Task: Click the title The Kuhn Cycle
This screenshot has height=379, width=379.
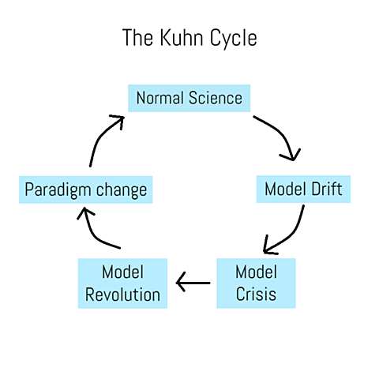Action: tap(189, 38)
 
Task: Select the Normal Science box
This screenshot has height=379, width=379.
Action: tap(189, 98)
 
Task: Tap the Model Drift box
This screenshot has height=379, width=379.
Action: tap(303, 189)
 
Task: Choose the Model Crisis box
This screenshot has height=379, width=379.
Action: tap(257, 283)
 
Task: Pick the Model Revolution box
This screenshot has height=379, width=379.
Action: tap(122, 283)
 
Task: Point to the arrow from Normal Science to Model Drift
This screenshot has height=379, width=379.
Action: tap(280, 137)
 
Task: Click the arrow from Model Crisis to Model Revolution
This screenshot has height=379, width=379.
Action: tap(193, 282)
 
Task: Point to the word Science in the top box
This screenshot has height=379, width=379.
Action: tap(215, 98)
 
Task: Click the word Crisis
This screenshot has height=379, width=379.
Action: tap(257, 295)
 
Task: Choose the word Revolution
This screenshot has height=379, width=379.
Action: tap(122, 295)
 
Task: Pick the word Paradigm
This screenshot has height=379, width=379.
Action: tap(58, 190)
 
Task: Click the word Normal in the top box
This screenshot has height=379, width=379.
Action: tap(160, 98)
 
